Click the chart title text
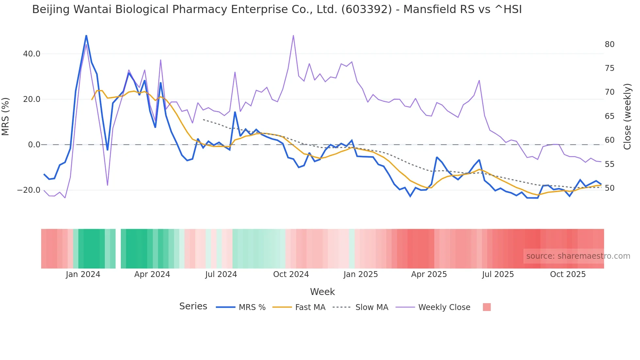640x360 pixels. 277,9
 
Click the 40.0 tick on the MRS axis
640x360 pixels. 32,54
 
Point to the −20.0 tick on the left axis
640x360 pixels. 29,190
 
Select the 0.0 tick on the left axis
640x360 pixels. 34,145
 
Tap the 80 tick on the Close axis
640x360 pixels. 610,44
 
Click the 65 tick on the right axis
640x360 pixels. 610,116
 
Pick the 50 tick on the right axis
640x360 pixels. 610,188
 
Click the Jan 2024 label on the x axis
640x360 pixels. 83,274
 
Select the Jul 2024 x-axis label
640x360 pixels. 221,274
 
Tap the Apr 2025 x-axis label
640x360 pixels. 429,274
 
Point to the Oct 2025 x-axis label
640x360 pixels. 568,274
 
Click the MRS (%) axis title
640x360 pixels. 6,117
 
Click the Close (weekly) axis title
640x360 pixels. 627,117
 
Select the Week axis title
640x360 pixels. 322,292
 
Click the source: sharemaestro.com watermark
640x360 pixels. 578,256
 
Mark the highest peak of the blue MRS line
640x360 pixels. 86,35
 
